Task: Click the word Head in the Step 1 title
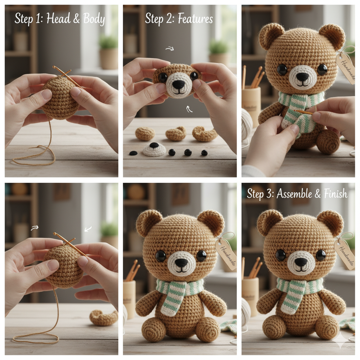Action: point(58,18)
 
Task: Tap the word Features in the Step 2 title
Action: point(195,18)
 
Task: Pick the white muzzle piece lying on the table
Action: point(154,149)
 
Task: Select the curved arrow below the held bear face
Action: point(189,109)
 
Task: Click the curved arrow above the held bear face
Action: point(170,49)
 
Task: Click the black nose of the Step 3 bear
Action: point(301,262)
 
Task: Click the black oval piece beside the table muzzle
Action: point(133,153)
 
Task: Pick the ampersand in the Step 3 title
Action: point(317,194)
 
